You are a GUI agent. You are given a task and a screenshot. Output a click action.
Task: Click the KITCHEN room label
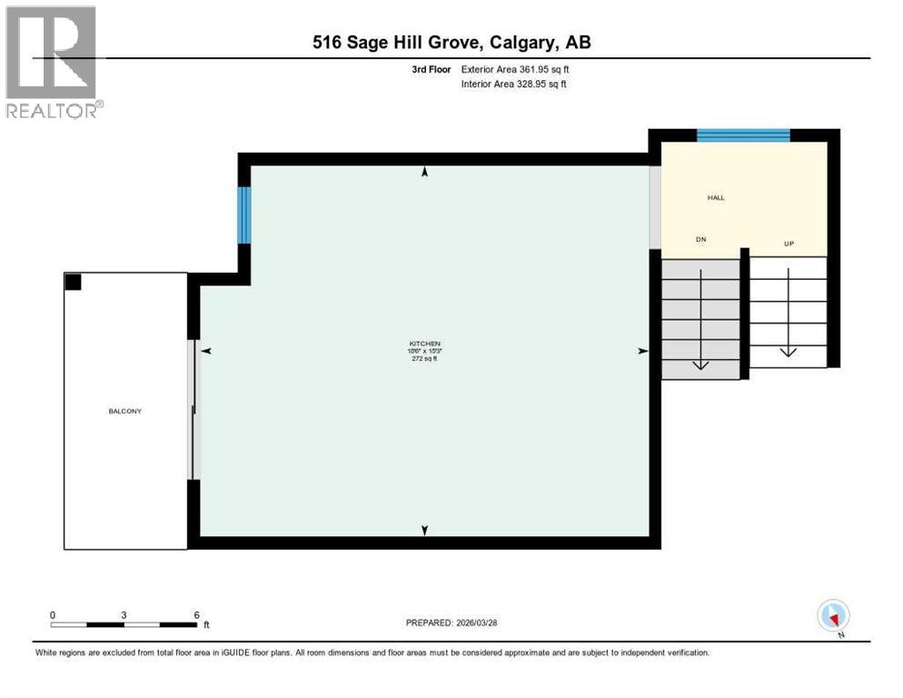(x=424, y=343)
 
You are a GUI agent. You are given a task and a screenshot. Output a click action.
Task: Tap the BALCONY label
(x=124, y=411)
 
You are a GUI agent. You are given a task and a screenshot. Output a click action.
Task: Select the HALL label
(x=716, y=197)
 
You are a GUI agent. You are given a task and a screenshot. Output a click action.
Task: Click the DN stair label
(x=700, y=240)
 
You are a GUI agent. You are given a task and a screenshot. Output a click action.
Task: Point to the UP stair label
(x=789, y=244)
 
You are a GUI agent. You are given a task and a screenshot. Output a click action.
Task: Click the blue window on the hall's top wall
(x=743, y=135)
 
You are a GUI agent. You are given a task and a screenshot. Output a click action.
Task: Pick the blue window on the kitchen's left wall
(x=243, y=215)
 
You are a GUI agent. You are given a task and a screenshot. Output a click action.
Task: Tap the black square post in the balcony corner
(x=73, y=282)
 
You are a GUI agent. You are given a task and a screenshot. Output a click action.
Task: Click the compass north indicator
(x=833, y=616)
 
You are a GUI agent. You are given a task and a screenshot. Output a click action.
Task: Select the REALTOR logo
(x=52, y=62)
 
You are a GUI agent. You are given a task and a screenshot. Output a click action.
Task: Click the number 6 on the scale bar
(x=196, y=614)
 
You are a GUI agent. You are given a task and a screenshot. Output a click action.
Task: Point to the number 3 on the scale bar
(x=124, y=614)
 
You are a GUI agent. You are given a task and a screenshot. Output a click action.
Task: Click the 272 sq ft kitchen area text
(x=424, y=359)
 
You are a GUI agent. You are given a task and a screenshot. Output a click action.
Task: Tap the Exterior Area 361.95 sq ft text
(x=515, y=69)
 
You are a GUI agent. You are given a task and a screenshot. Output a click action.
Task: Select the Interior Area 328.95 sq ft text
(x=515, y=85)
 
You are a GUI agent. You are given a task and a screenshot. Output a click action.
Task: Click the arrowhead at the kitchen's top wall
(x=424, y=172)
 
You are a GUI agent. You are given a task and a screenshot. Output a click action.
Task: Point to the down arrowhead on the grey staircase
(x=700, y=365)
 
